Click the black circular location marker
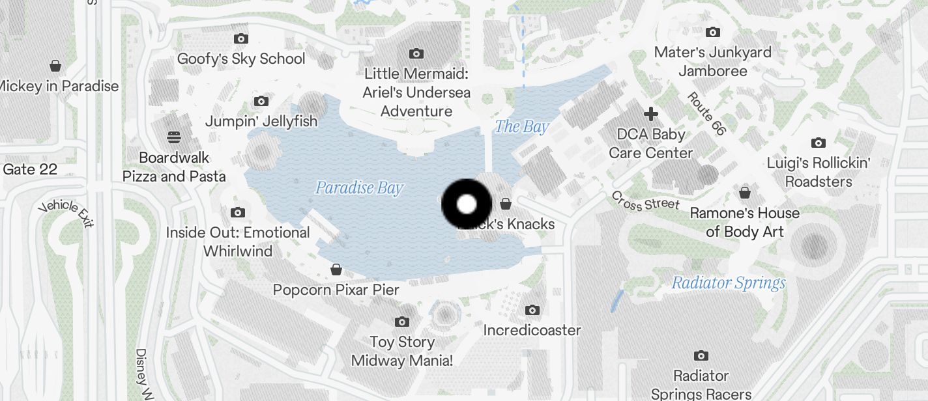tap(467, 204)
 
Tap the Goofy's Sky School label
tap(241, 59)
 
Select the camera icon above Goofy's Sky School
tap(241, 38)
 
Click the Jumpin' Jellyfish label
tap(261, 121)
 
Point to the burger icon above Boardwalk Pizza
tap(173, 137)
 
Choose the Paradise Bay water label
tap(359, 189)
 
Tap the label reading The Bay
tap(521, 127)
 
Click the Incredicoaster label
tap(532, 330)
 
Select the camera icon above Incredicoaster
tap(532, 310)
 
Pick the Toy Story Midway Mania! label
tap(401, 351)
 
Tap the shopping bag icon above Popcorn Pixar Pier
tap(336, 270)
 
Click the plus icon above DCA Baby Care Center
tap(650, 115)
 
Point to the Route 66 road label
tap(706, 114)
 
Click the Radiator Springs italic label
tap(729, 283)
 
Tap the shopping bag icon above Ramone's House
tap(745, 193)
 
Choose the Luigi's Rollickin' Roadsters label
tap(819, 172)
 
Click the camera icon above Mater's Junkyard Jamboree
tap(713, 32)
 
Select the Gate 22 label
tap(30, 169)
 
